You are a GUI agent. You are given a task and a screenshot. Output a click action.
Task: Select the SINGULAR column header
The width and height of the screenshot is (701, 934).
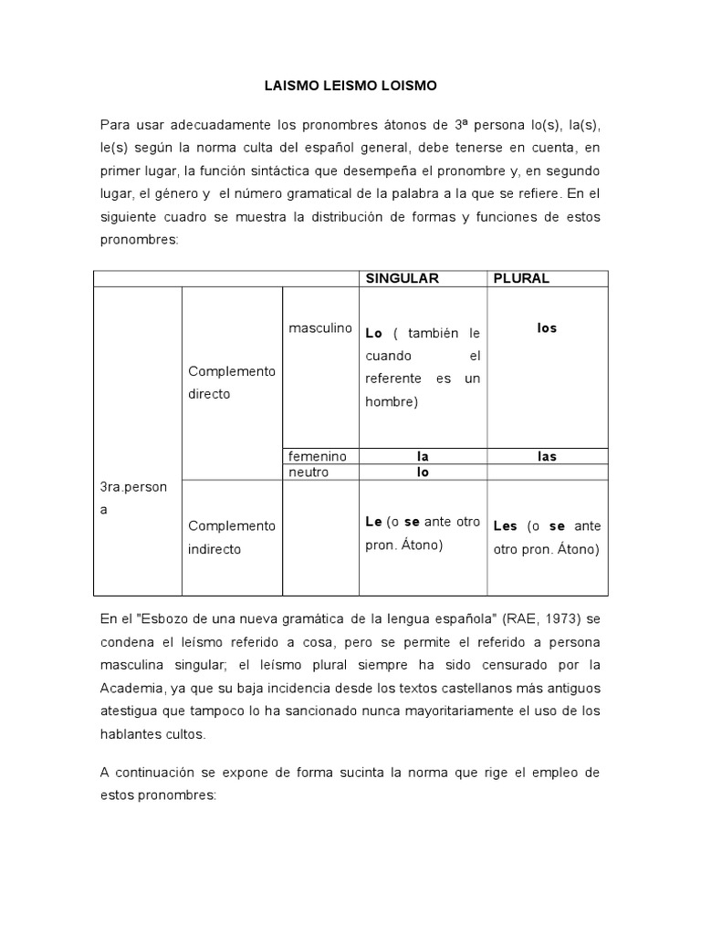click(403, 278)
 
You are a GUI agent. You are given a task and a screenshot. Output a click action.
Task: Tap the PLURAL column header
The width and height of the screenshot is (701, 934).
click(521, 278)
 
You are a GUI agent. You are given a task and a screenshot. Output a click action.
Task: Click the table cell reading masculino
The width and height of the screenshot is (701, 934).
click(320, 327)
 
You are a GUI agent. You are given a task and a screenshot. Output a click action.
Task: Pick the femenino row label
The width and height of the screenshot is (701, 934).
click(319, 456)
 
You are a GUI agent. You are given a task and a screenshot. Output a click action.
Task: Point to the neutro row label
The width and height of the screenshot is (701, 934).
click(308, 472)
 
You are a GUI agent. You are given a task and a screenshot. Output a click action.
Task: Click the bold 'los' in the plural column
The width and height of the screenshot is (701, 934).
click(547, 327)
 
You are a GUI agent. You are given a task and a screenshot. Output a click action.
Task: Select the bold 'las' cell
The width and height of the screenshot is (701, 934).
click(547, 456)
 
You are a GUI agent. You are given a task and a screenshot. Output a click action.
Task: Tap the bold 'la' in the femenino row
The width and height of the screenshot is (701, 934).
click(423, 456)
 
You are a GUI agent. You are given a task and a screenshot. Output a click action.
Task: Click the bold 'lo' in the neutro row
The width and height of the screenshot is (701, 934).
click(423, 472)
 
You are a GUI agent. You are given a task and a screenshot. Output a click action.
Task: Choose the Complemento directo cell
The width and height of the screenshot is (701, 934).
click(231, 382)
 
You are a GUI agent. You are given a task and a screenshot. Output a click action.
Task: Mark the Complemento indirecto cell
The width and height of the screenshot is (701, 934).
click(231, 537)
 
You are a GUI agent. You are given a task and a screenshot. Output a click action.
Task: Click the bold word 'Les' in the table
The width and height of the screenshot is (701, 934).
click(505, 526)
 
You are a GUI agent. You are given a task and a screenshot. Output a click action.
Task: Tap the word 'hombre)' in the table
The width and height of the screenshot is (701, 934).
click(391, 402)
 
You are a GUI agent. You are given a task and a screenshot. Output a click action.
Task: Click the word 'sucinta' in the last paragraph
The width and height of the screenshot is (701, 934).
click(340, 772)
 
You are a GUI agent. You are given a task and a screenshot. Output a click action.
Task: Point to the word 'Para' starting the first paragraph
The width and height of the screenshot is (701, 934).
click(115, 124)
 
